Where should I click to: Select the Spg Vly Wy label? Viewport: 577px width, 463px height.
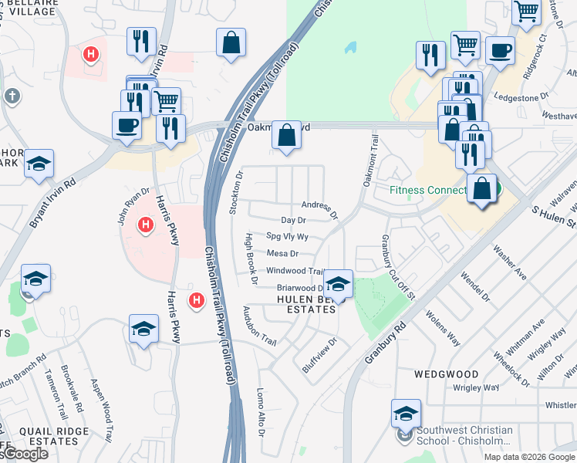(x=287, y=237)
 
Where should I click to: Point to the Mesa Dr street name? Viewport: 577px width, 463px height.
(x=282, y=253)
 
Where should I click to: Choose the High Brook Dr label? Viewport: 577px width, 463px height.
(x=249, y=259)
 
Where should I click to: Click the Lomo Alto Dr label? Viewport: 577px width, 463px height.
(x=261, y=414)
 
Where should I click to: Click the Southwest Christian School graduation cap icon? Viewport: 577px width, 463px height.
(x=406, y=414)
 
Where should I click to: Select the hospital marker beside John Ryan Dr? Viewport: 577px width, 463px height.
(x=143, y=225)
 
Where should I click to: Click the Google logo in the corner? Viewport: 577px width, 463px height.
(x=25, y=454)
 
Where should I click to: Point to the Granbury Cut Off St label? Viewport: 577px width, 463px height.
(x=397, y=266)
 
